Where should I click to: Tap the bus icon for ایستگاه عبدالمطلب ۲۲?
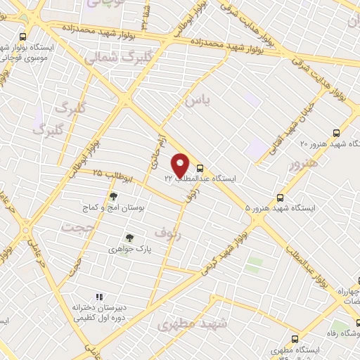coord(201,168)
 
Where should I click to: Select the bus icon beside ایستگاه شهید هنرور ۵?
coord(281,198)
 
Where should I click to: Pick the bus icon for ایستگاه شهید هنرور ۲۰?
coord(336,132)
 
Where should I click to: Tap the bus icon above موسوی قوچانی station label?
coord(23,37)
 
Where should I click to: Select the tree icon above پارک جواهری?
coord(128,238)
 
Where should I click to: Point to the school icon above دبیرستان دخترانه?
coord(99,296)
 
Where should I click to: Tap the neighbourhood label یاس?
coord(197,102)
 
